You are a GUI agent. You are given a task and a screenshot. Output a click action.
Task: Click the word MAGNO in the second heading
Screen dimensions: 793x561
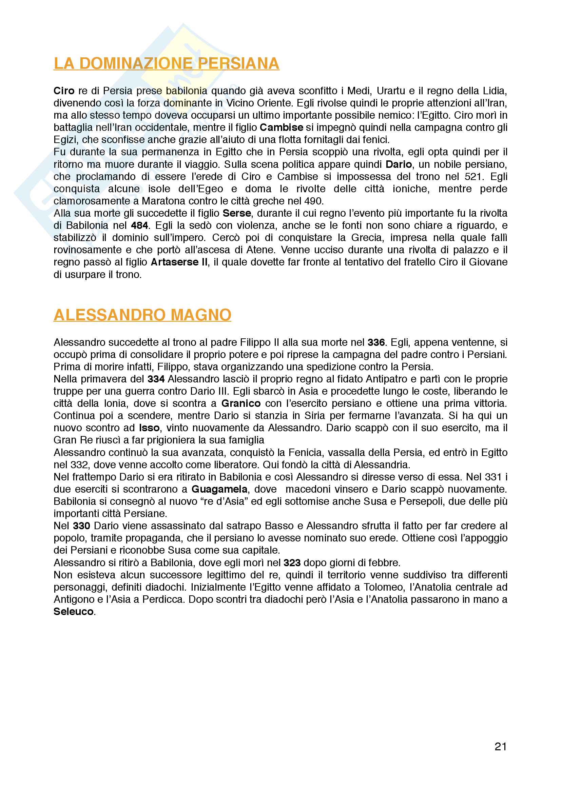point(201,315)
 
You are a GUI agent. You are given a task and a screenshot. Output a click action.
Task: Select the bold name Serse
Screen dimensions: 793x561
point(237,213)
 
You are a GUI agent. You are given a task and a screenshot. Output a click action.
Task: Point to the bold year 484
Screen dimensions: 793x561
point(139,225)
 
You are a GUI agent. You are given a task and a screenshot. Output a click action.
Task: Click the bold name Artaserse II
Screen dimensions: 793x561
point(179,262)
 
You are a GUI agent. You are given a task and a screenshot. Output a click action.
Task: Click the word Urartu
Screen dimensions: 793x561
point(391,91)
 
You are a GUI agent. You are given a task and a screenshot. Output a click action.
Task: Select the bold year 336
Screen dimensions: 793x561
point(376,342)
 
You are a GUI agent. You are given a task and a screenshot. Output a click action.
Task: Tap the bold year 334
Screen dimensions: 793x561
point(156,379)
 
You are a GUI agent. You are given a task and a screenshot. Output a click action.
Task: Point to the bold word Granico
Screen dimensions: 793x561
point(241,403)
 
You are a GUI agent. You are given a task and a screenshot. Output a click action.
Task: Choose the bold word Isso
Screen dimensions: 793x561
point(149,428)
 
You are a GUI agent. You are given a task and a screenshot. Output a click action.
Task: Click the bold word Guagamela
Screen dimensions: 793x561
point(219,489)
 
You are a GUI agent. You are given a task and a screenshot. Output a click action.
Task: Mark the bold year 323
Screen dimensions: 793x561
point(292,563)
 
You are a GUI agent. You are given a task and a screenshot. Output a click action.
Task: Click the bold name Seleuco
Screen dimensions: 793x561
point(73,612)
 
